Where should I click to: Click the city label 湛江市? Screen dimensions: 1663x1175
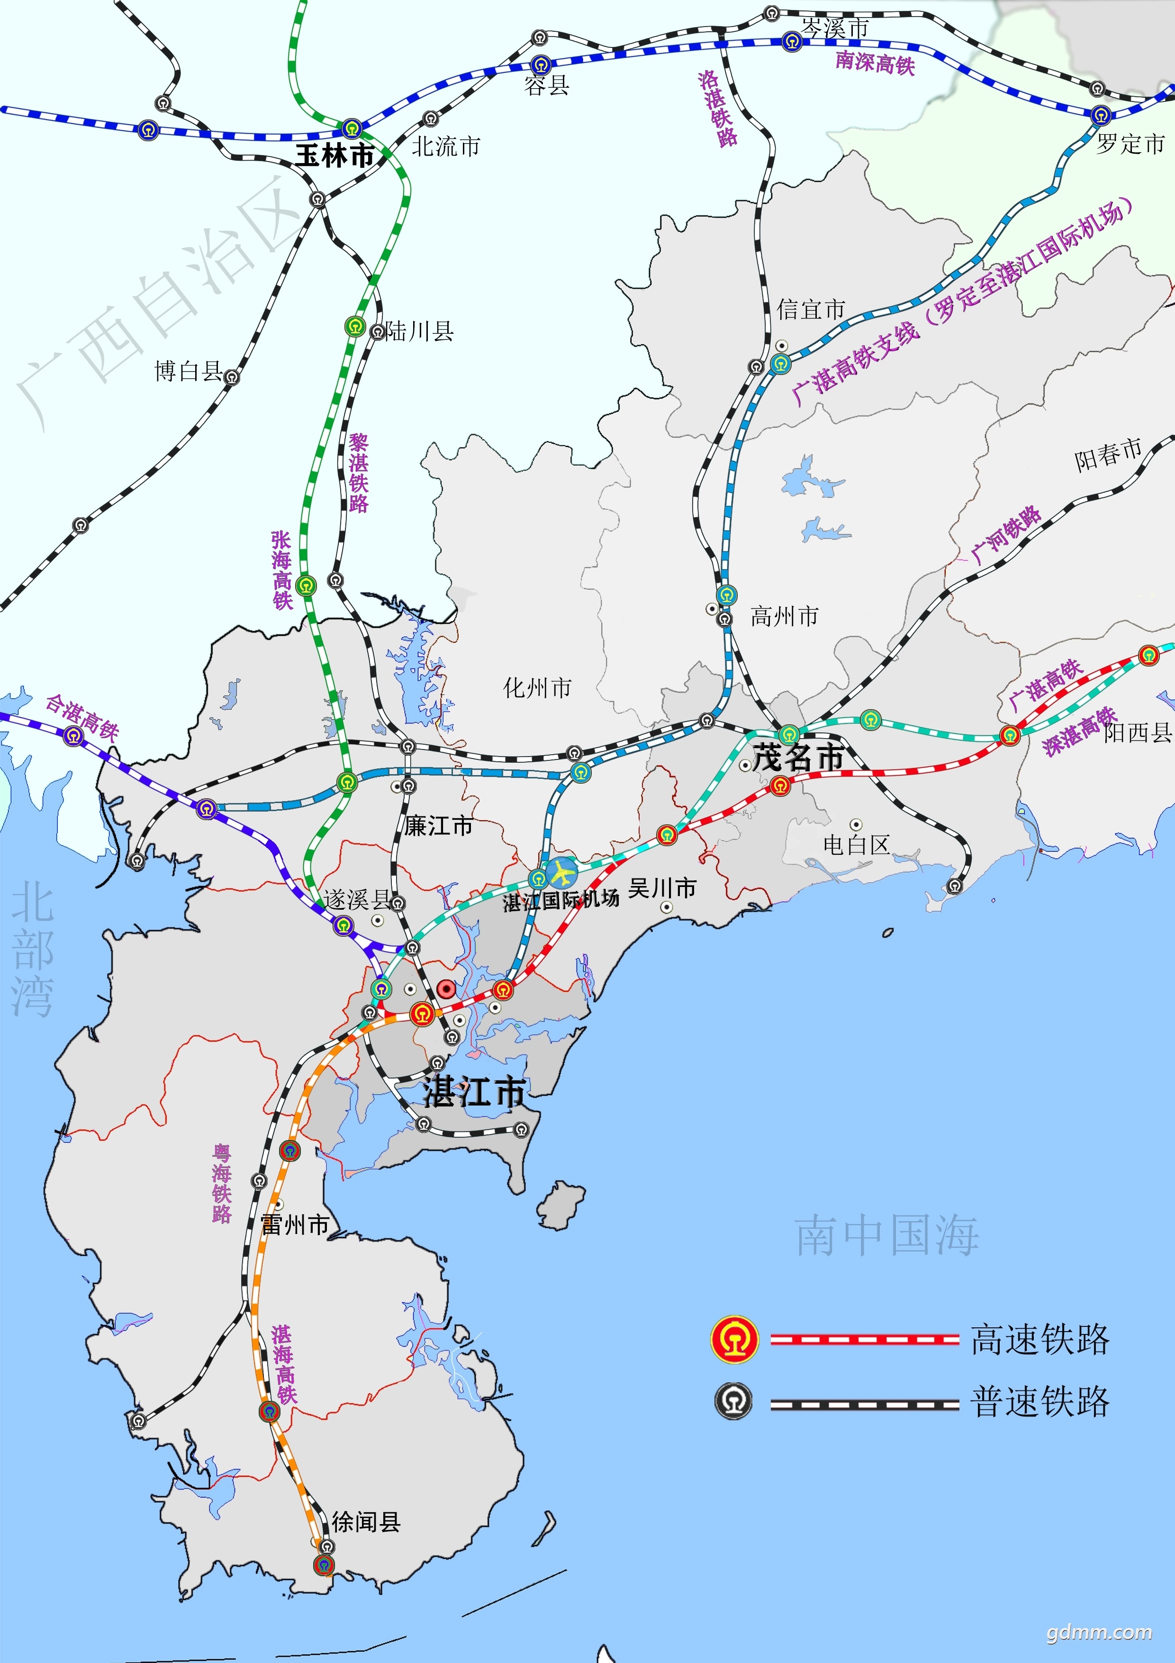click(474, 1092)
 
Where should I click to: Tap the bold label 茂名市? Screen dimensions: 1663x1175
click(798, 758)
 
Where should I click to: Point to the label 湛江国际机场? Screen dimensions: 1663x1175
click(561, 900)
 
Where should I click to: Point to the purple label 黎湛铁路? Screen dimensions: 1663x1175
click(358, 473)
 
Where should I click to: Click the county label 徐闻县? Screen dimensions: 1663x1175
click(366, 1522)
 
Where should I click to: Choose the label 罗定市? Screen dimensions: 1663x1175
click(1130, 144)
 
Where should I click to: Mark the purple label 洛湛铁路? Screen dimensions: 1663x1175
click(717, 109)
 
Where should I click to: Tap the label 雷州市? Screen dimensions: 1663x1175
click(295, 1225)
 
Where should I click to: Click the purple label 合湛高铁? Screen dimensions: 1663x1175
click(82, 717)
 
